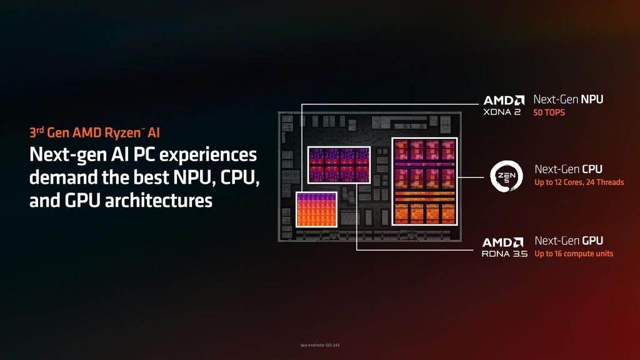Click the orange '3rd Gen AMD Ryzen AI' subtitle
[95, 132]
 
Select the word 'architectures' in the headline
[159, 201]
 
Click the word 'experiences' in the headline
[207, 155]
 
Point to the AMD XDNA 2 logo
[504, 105]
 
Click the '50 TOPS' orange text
[549, 112]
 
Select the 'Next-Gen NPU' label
[568, 99]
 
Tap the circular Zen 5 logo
[506, 176]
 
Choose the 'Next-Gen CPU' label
[569, 169]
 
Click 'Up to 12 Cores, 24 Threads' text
[579, 182]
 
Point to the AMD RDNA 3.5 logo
[504, 247]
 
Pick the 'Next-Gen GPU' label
[569, 241]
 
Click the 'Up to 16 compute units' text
[574, 254]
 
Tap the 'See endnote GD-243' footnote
[320, 345]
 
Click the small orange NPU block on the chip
[316, 209]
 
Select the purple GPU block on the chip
[339, 165]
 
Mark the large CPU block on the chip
[424, 182]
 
